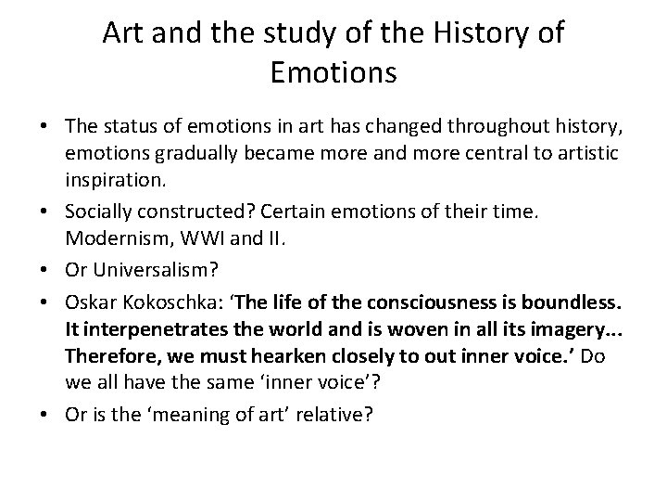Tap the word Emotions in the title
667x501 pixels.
pos(333,72)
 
